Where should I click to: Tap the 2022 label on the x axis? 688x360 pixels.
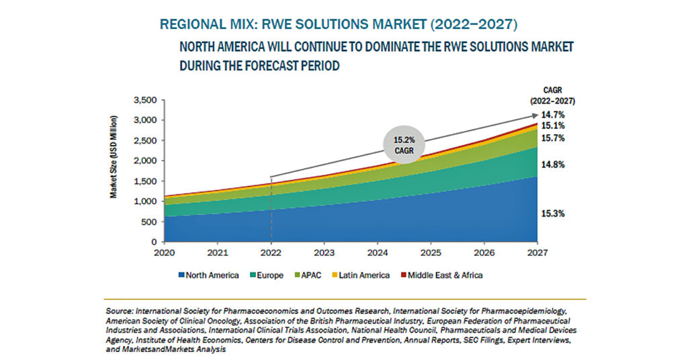[x=270, y=253]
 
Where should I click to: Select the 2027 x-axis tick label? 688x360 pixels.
[x=537, y=253]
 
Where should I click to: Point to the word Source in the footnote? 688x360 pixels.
[x=120, y=312]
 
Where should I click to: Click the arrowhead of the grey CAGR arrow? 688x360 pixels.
[x=535, y=116]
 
